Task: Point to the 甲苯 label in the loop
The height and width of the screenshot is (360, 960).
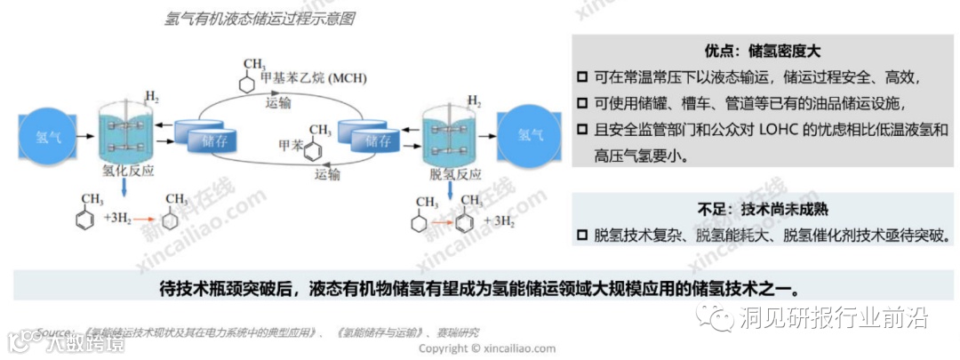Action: (x=291, y=144)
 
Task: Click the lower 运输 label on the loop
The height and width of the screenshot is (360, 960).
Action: (x=327, y=174)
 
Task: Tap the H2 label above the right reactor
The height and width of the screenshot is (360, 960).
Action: (x=475, y=99)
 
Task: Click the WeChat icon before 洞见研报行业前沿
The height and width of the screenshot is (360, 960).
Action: (x=716, y=315)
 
